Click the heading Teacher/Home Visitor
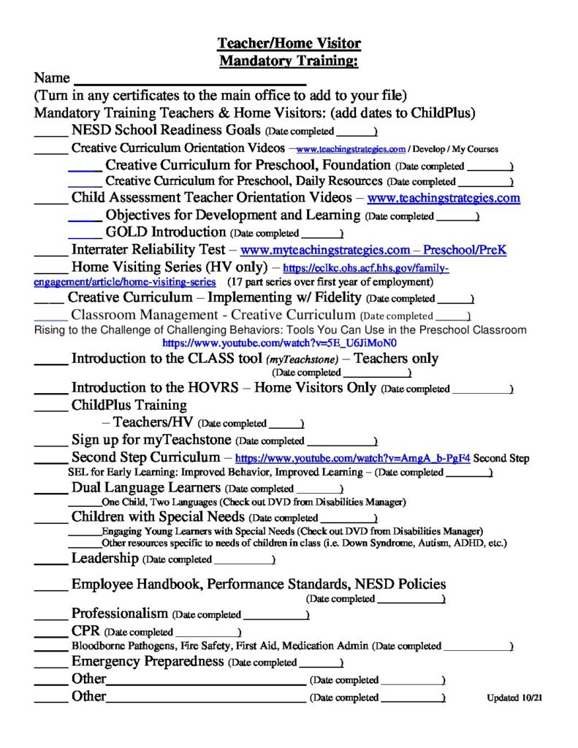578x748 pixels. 289,44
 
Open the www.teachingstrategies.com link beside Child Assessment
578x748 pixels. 444,197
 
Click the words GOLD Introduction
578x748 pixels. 166,232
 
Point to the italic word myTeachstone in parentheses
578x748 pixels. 303,359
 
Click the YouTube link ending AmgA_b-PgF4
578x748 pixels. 351,459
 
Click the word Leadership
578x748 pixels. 104,559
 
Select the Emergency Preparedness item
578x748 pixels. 147,662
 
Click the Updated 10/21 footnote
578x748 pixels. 515,698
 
